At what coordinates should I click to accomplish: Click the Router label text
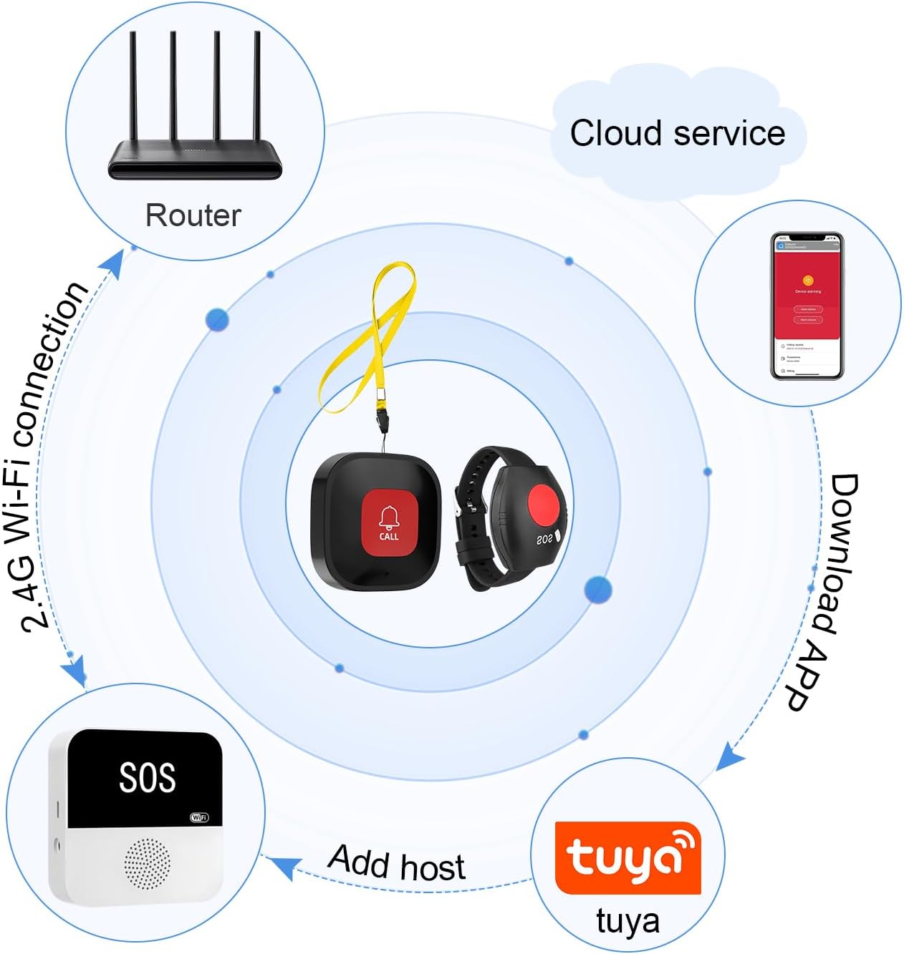coord(193,215)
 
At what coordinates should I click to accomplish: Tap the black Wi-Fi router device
coord(195,160)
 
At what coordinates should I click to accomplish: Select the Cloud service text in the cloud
coord(677,134)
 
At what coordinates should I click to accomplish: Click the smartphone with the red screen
coord(807,306)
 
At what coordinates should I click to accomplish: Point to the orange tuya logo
coord(627,857)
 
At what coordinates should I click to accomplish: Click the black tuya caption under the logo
coord(627,921)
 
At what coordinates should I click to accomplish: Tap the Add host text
coord(397,862)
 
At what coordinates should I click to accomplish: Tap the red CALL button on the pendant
coord(389,522)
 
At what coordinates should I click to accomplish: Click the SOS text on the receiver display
coord(147,777)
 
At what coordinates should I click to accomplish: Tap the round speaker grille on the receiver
coord(148,864)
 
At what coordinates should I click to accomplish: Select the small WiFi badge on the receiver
coord(199,817)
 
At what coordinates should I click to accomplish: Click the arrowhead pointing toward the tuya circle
coord(730,756)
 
